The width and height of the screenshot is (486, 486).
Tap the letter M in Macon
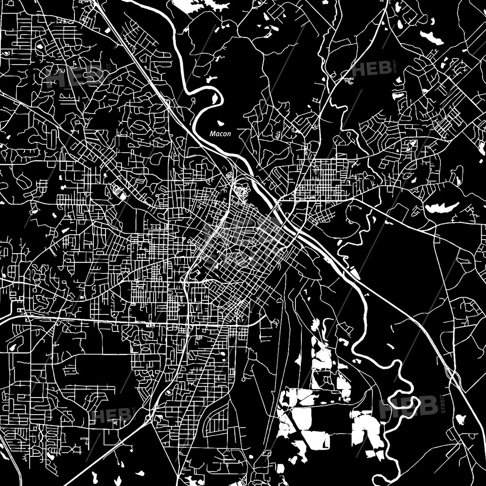point(212,133)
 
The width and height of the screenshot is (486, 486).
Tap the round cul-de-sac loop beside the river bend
point(193,101)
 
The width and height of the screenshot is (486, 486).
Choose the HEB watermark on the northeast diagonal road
point(372,68)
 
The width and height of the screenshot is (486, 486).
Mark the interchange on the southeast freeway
point(454,372)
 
